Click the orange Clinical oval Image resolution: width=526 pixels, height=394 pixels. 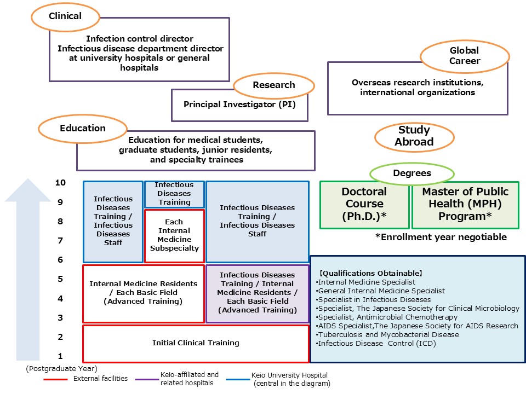pos(65,16)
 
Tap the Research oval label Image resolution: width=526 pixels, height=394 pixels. pos(273,85)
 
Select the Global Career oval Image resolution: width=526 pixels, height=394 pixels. pos(465,56)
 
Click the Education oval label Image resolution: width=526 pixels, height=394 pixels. pos(82,129)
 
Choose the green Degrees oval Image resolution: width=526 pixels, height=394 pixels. pos(411,173)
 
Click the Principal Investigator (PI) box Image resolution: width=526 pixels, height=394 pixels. pos(239,104)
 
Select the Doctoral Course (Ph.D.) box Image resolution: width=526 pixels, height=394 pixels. pos(364,204)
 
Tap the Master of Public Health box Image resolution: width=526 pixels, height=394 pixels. pos(465,204)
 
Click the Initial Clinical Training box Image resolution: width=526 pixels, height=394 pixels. pos(196,343)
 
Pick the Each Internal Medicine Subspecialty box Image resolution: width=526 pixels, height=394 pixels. pos(174,235)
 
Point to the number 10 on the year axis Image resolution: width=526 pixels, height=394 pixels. pos(60,183)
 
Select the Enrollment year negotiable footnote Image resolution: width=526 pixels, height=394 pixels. pos(441,237)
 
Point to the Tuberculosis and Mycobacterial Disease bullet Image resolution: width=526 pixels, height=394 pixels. pos(387,335)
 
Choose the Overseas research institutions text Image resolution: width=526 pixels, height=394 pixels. pos(418,88)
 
